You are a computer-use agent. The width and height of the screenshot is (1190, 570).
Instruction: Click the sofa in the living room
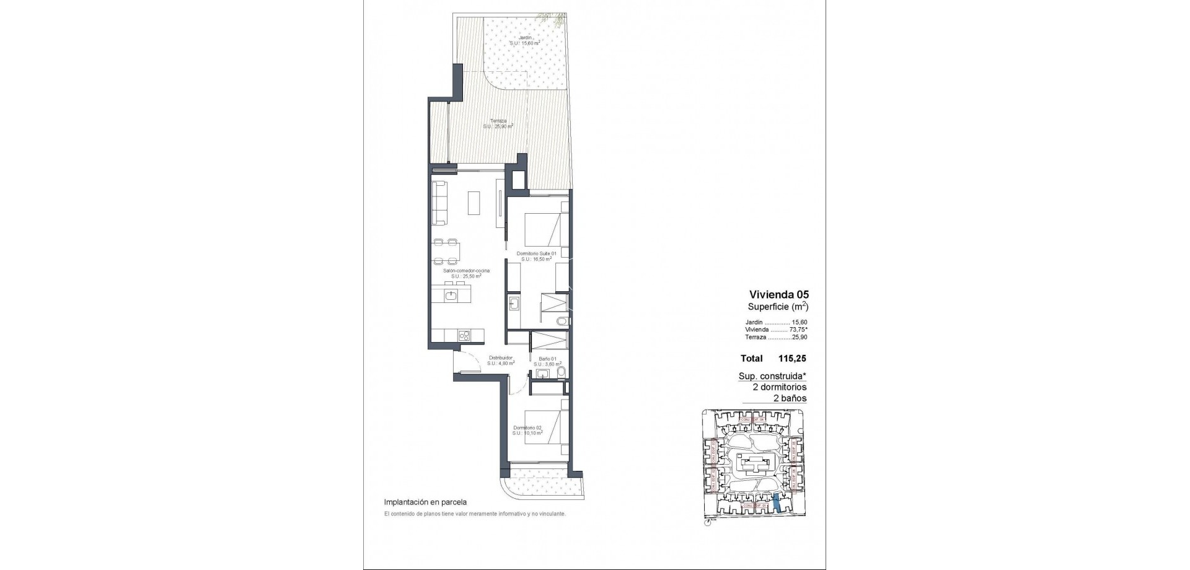[439, 203]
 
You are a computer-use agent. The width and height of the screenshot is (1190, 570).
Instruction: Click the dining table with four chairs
[446, 252]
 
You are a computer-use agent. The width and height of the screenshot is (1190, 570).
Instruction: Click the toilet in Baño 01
[560, 372]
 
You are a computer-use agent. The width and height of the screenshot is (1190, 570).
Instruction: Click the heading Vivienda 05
[779, 295]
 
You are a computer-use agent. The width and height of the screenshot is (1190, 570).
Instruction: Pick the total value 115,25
[792, 358]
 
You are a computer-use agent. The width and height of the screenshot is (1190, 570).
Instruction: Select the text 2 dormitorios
[779, 387]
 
